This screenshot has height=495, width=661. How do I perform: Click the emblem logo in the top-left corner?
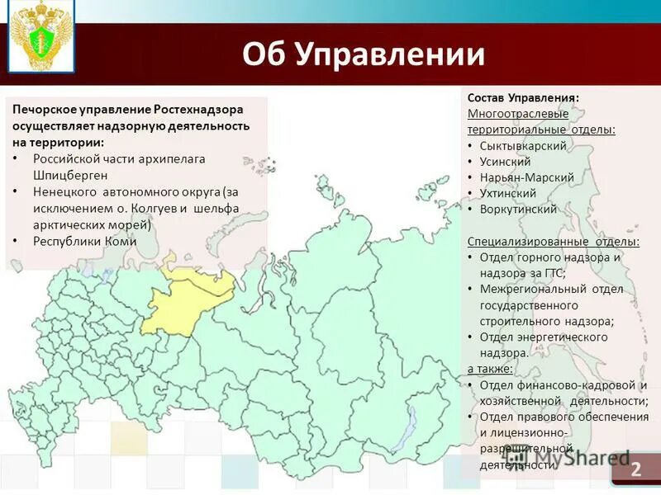[x=40, y=37]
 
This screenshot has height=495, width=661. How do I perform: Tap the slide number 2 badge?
[x=635, y=469]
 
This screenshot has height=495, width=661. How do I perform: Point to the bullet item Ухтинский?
[x=507, y=193]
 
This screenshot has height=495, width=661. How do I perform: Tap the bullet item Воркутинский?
[x=518, y=209]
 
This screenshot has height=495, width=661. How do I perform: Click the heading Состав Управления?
[x=523, y=97]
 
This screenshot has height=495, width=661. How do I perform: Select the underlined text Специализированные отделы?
[x=553, y=242]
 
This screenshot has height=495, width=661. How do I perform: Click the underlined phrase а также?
[x=490, y=368]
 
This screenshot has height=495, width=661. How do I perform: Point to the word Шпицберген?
[x=69, y=175]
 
